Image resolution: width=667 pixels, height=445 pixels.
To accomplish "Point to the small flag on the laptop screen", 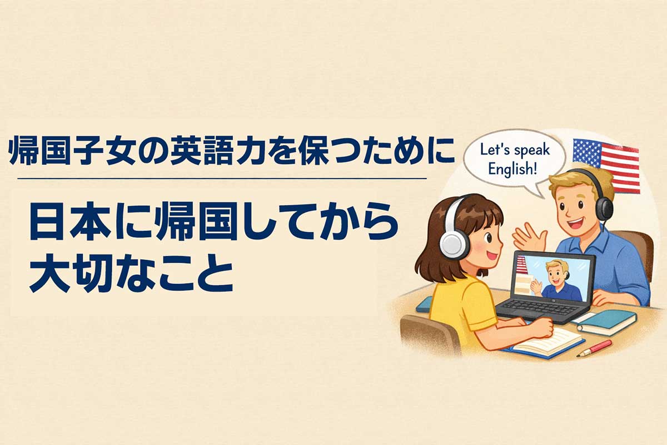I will (521, 266).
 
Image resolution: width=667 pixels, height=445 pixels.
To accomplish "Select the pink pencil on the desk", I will (594, 348).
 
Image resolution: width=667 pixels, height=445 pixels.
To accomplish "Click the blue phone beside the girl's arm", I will (425, 303).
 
